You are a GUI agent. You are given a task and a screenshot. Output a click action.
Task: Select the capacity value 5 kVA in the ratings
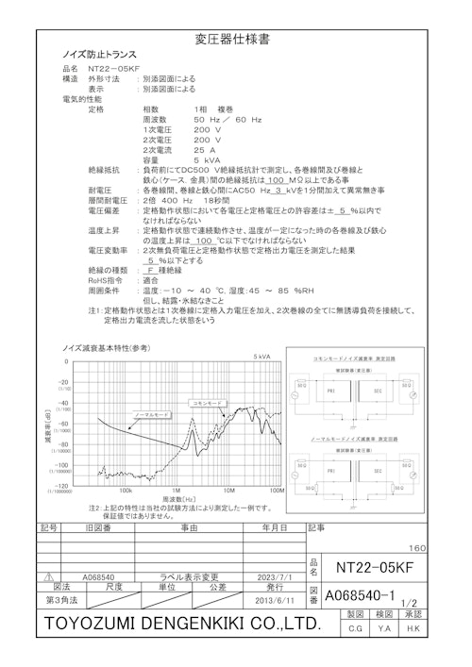tap(205, 159)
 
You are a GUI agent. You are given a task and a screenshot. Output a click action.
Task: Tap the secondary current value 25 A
tap(205, 149)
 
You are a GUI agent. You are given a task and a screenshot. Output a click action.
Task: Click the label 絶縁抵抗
tap(103, 170)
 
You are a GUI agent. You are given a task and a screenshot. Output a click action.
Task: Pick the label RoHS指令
tap(103, 280)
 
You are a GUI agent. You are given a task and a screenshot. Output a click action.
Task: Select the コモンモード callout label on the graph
tap(208, 402)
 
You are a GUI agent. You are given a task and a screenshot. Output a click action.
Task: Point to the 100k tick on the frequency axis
tap(126, 491)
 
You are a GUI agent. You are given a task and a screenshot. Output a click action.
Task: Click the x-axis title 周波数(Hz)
tap(177, 498)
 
